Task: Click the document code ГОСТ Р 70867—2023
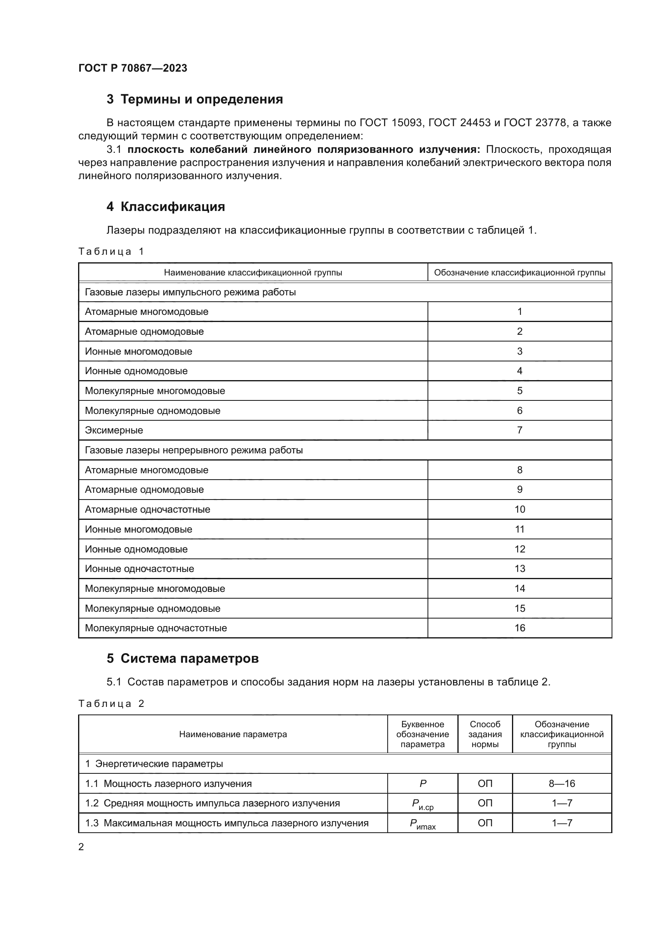point(133,68)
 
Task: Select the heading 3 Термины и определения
point(195,100)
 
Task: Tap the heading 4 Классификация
point(166,207)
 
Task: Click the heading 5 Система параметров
point(182,658)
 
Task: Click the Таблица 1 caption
point(111,252)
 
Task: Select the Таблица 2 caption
point(111,703)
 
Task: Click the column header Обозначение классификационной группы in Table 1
point(520,273)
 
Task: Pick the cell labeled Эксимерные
point(114,430)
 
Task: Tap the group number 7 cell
point(520,430)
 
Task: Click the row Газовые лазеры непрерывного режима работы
point(194,450)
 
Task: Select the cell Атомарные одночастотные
point(147,509)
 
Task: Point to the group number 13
point(520,568)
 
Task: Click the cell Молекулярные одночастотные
point(156,628)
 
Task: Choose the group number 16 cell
point(520,628)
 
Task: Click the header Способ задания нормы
point(485,734)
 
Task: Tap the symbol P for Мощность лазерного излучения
point(422,784)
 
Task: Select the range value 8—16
point(562,784)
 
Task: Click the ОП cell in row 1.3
point(485,823)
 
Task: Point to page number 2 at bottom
point(81,847)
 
